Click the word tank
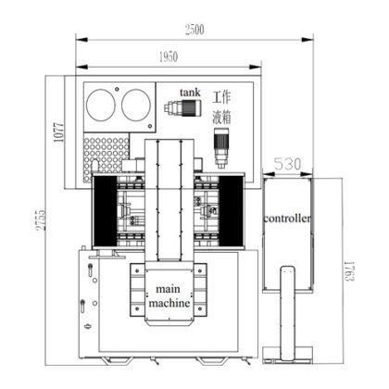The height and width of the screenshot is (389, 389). click(190, 92)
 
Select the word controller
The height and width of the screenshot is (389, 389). click(287, 218)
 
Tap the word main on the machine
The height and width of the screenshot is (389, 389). click(168, 289)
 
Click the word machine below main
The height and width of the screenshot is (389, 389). click(168, 303)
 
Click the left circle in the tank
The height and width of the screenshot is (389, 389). click(103, 106)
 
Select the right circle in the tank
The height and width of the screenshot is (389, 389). click(135, 106)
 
